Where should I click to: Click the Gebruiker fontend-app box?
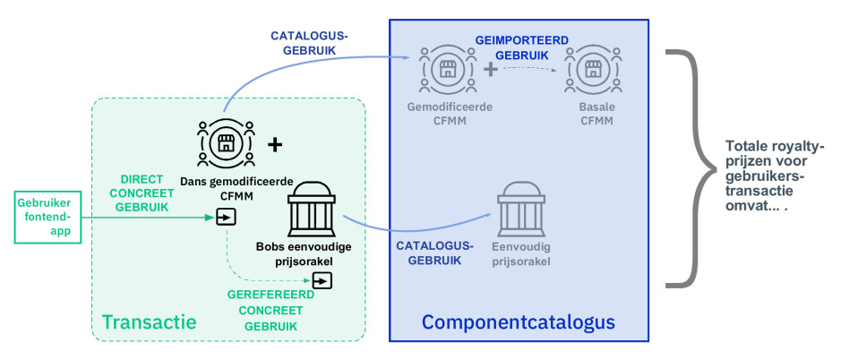coord(47,218)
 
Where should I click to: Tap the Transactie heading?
coord(149,321)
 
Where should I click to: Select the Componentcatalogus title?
coord(518,321)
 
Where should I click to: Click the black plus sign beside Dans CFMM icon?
coord(275,144)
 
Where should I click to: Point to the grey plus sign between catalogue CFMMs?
coord(491,69)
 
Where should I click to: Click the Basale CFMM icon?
coord(593,69)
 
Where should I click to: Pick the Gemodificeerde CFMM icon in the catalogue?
coord(447,69)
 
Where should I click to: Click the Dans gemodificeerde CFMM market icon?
coord(226,143)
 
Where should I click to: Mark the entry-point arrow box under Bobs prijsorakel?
coord(322,280)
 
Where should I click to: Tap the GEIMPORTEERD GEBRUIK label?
coord(522,47)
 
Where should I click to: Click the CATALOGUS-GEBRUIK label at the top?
coord(309,43)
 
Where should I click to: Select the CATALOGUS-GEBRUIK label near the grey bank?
coord(434,253)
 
